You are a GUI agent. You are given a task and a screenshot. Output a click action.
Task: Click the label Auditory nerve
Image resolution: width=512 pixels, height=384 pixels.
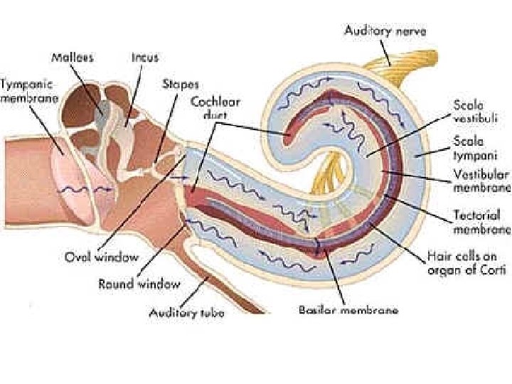pos(385,31)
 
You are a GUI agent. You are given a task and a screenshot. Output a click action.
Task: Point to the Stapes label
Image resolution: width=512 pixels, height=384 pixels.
pos(180,84)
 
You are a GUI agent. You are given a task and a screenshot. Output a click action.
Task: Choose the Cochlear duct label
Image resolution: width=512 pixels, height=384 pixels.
pos(215,107)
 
